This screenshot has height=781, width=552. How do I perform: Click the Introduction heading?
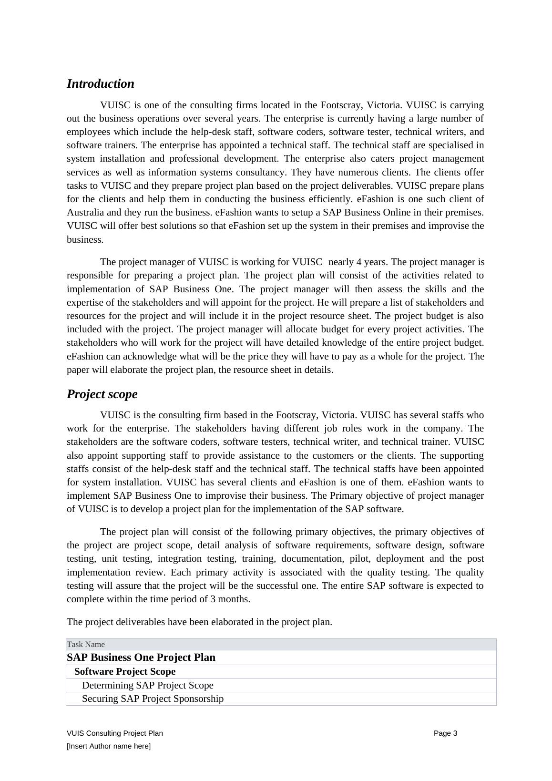[101, 84]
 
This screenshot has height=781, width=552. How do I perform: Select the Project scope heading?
[102, 394]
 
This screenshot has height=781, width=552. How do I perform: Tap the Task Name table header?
[86, 645]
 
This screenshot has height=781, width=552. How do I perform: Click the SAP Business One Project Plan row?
[141, 658]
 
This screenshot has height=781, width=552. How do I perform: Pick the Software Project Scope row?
[125, 671]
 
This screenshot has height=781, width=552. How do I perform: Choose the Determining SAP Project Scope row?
[148, 685]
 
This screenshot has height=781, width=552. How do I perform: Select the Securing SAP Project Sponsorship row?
[153, 699]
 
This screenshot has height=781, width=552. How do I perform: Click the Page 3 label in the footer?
[445, 733]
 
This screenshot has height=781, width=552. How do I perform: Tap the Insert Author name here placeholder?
[109, 746]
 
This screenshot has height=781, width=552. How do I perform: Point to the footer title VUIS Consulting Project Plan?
[115, 733]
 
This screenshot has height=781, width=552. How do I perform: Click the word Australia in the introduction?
[85, 213]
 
